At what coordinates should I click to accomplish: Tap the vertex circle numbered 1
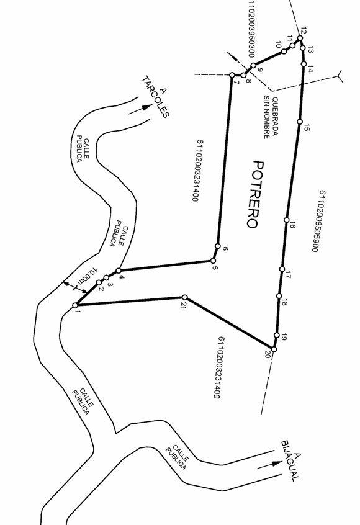click(75, 305)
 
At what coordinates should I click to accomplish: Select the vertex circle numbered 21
click(184, 297)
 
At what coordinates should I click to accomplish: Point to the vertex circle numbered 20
click(274, 349)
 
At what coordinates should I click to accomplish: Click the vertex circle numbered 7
click(232, 75)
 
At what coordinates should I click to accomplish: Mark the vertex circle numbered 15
click(300, 122)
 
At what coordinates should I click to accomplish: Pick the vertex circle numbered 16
click(286, 220)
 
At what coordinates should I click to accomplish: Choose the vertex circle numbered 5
click(213, 261)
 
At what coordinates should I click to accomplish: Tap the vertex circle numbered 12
click(300, 38)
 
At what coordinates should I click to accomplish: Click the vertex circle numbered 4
click(119, 271)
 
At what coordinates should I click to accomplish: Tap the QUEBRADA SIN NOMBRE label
click(271, 117)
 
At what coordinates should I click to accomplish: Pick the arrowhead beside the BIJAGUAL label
click(277, 464)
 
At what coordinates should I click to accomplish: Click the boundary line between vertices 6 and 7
click(225, 160)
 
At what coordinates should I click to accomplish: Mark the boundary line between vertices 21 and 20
click(229, 323)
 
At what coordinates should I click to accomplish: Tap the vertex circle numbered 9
click(253, 65)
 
